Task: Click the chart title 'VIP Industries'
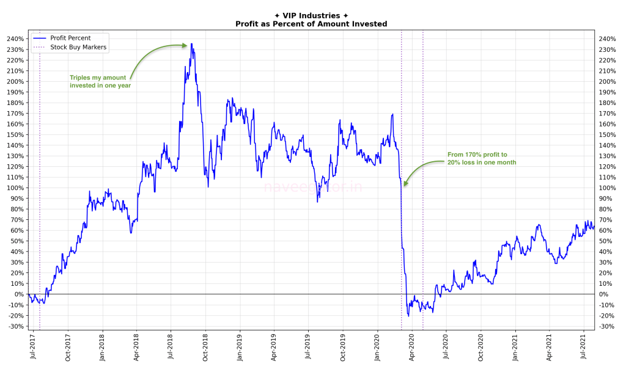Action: click(312, 16)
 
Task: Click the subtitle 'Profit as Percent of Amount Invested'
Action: click(312, 24)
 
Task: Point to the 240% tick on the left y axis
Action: click(15, 39)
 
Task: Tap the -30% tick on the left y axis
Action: click(15, 326)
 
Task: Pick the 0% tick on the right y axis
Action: click(605, 294)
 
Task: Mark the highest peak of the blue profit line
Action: click(191, 44)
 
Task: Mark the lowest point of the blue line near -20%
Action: click(408, 316)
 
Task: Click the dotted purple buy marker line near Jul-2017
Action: click(40, 183)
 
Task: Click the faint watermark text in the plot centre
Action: click(313, 188)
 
